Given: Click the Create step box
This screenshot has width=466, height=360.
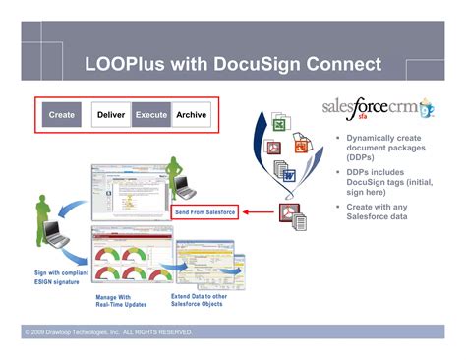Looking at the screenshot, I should tap(62, 115).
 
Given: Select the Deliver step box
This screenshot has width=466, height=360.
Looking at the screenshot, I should tap(111, 115).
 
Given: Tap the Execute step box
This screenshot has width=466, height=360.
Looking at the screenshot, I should tap(151, 115).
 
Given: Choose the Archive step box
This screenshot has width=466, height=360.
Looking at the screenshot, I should tap(192, 115).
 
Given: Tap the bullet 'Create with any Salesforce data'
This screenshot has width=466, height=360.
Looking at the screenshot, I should tap(383, 212).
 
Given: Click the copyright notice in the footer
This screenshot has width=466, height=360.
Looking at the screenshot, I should tap(110, 333).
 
